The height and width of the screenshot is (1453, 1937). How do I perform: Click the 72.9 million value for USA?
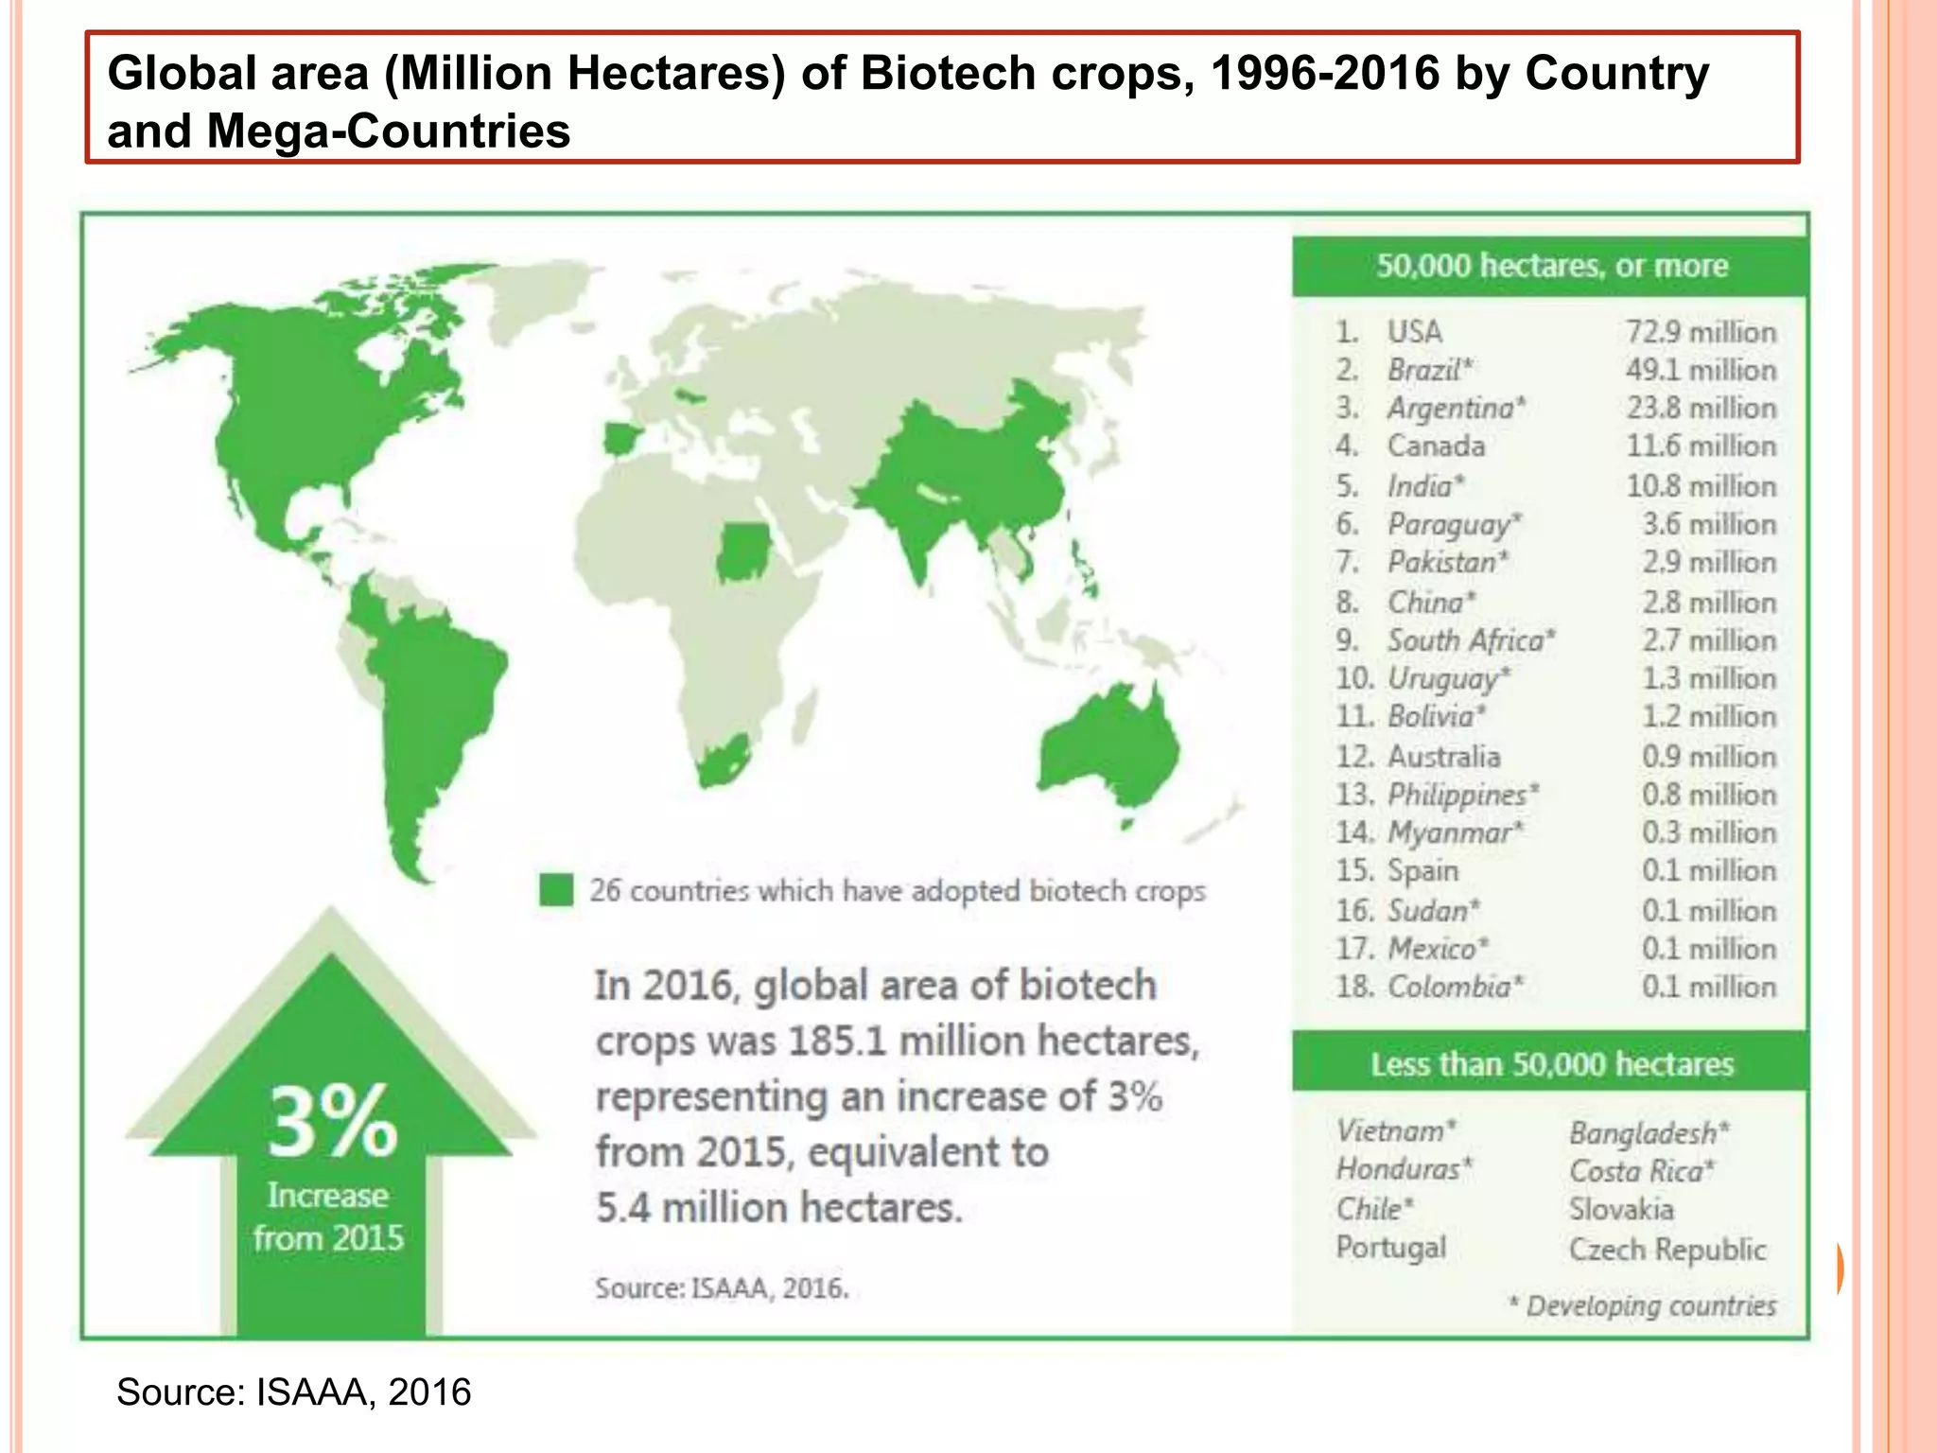[x=1700, y=332]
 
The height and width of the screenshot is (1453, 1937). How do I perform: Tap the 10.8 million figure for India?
[x=1700, y=486]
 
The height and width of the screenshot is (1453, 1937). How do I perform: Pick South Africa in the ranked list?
[x=1469, y=640]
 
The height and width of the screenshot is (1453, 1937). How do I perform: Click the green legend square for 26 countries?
[x=556, y=890]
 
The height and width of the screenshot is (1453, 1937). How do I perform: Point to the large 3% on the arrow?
[x=331, y=1122]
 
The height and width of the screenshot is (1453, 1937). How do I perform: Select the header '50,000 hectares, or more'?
[x=1551, y=266]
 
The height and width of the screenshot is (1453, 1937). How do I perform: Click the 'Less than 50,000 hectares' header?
[x=1551, y=1064]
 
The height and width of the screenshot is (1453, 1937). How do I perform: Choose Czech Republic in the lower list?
[x=1667, y=1250]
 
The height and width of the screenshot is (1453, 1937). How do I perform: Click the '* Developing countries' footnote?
[x=1642, y=1305]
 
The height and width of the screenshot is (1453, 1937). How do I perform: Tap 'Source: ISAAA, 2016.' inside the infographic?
[x=722, y=1288]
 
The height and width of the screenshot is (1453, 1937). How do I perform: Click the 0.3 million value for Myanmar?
[x=1708, y=832]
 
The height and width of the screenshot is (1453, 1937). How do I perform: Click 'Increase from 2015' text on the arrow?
[x=328, y=1217]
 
